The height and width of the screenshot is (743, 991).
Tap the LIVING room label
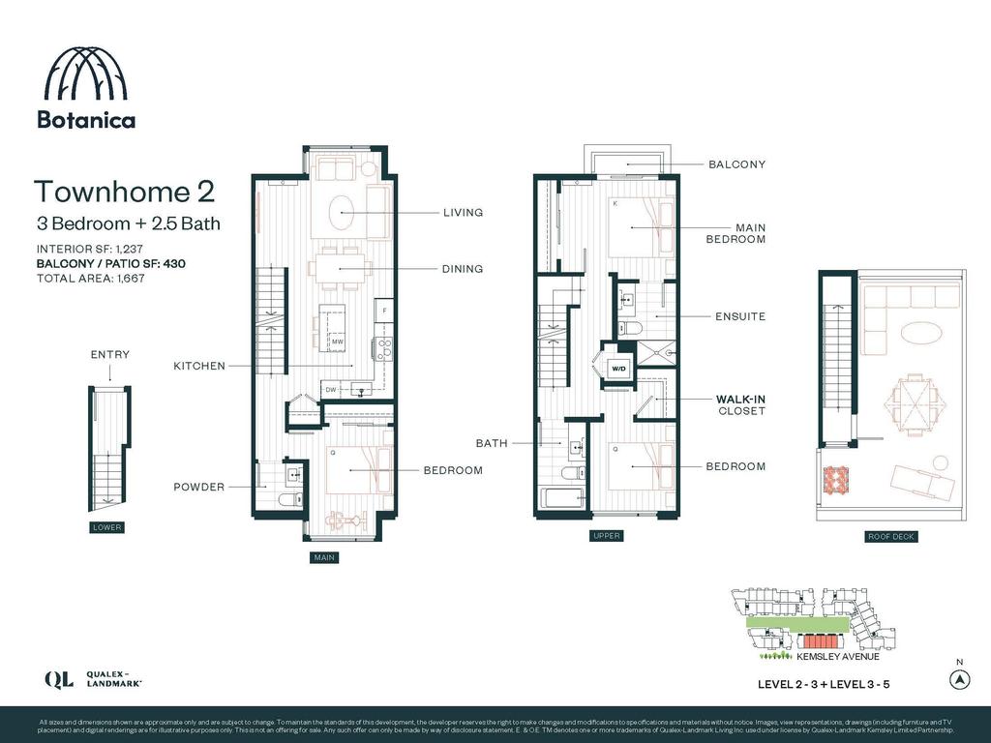[x=463, y=213]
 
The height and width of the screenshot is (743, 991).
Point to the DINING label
[x=463, y=269]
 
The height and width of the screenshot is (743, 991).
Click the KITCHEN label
[x=199, y=366]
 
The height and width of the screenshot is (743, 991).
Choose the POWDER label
[x=198, y=487]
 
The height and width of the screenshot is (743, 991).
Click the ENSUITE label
[x=739, y=316]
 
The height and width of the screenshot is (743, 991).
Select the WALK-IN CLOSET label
[x=740, y=404]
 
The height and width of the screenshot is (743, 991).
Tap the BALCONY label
[x=736, y=164]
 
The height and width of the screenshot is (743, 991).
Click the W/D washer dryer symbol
[x=617, y=368]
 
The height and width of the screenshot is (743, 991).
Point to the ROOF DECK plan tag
[x=891, y=536]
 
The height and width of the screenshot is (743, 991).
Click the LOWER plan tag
[x=106, y=527]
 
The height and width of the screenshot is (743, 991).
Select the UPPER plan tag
[x=607, y=535]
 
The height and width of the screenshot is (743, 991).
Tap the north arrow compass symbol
[x=957, y=679]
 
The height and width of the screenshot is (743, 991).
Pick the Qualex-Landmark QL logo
[x=58, y=679]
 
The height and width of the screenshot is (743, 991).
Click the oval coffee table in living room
[x=345, y=210]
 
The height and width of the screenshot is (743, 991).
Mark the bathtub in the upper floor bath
[x=561, y=499]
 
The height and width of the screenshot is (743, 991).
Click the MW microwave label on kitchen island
[x=337, y=342]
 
